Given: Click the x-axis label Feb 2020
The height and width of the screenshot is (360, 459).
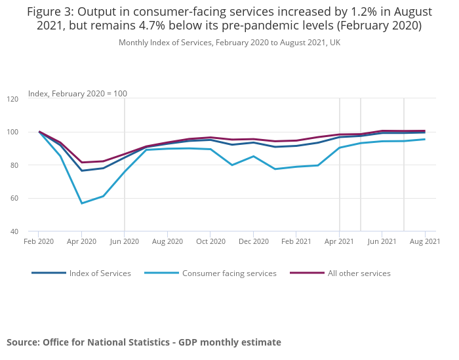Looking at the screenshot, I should pyautogui.click(x=39, y=241).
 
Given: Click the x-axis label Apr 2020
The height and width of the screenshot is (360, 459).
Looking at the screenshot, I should pyautogui.click(x=81, y=241).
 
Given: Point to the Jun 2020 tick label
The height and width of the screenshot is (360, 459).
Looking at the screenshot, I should pyautogui.click(x=125, y=241).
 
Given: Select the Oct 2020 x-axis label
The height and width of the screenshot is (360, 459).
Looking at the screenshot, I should pyautogui.click(x=210, y=241).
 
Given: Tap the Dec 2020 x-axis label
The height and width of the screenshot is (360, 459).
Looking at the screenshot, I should pyautogui.click(x=253, y=241).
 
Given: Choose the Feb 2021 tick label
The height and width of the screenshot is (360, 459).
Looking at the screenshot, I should pyautogui.click(x=296, y=241).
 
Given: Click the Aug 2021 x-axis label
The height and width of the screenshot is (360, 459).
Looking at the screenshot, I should pyautogui.click(x=425, y=241).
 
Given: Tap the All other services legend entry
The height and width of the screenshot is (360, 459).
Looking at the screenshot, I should pyautogui.click(x=359, y=273).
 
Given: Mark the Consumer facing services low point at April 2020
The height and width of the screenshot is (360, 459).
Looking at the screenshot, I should pyautogui.click(x=82, y=203).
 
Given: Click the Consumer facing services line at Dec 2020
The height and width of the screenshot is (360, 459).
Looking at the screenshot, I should pyautogui.click(x=254, y=156).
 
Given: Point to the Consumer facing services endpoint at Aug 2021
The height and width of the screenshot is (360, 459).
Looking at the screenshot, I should pyautogui.click(x=425, y=139).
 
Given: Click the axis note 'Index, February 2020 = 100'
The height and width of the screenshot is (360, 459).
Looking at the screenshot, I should pyautogui.click(x=77, y=93).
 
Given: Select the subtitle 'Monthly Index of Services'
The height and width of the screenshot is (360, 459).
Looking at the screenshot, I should pyautogui.click(x=229, y=43).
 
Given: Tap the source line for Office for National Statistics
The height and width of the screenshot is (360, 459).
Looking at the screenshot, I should pyautogui.click(x=144, y=342).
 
